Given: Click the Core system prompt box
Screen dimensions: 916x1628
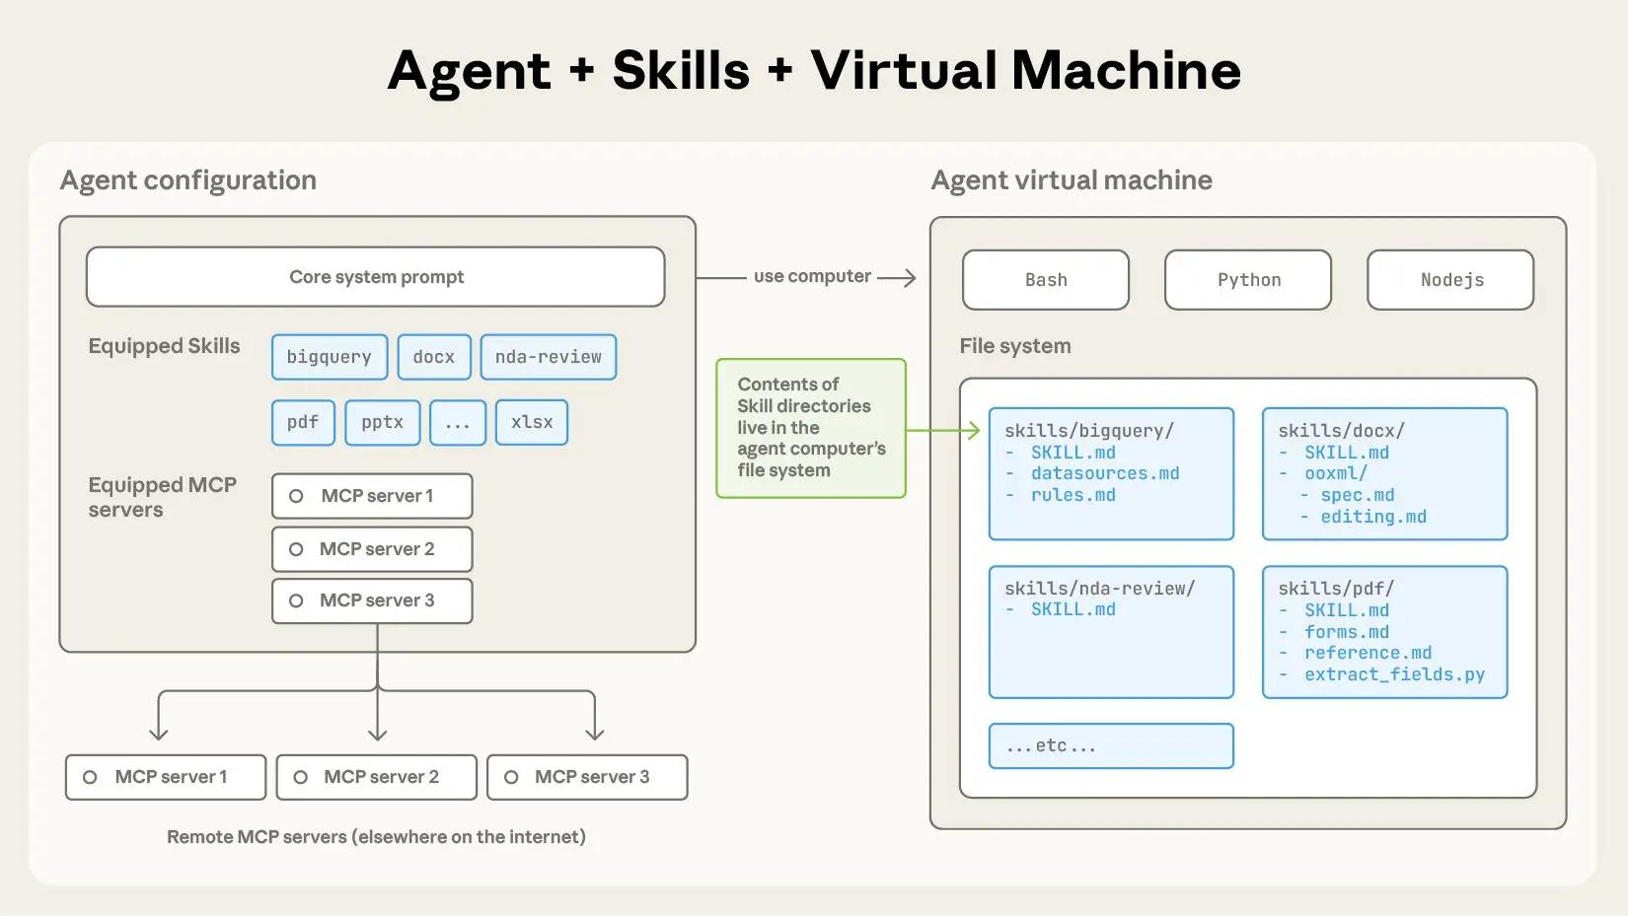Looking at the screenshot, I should [375, 277].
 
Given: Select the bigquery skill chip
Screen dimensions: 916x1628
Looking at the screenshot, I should [330, 357].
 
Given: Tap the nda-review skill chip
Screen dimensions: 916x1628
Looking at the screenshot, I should [549, 357].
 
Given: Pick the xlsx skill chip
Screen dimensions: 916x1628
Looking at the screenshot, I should [532, 422].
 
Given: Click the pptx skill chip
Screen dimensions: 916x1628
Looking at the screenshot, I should [382, 422].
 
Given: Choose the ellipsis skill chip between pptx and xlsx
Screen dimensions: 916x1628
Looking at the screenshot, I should [458, 422].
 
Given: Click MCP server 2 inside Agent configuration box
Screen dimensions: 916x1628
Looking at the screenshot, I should [372, 549].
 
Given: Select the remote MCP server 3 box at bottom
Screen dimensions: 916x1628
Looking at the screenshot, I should [587, 777].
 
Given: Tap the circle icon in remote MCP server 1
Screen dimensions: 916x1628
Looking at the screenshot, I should [90, 777].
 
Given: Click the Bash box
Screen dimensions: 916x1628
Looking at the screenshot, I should [1046, 280].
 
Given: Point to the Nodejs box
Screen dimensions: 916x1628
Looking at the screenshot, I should [1450, 280].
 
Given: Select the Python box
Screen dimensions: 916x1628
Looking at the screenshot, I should [1248, 280].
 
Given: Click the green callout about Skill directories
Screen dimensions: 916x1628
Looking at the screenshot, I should [810, 428].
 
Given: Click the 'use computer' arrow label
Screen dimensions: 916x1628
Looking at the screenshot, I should [811, 276].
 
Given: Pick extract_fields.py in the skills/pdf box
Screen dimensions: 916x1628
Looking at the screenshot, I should [1394, 674].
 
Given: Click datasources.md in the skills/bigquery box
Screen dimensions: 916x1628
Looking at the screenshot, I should [1105, 473].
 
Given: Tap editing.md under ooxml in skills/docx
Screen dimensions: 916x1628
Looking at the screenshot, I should [1373, 517].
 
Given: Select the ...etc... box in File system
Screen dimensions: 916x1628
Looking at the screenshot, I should [1111, 746].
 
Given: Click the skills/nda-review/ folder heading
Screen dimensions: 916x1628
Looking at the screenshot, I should [1099, 589].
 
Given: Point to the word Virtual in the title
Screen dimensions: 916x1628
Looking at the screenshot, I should [904, 71].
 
